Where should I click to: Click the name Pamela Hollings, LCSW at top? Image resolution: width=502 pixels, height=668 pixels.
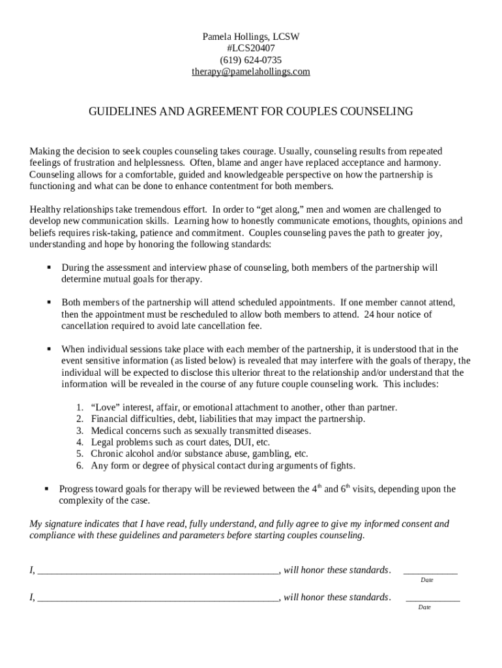[x=250, y=37]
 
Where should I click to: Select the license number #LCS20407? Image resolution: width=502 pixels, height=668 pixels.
[x=250, y=48]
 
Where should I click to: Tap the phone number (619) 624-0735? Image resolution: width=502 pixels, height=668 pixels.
[x=250, y=60]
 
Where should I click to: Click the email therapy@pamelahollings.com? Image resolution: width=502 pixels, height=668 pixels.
[x=250, y=72]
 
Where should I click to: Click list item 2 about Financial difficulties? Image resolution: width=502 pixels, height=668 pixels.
[x=228, y=419]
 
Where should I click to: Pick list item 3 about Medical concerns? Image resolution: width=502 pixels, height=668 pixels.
[x=201, y=431]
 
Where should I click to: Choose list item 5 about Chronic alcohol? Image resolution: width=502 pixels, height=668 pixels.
[x=199, y=453]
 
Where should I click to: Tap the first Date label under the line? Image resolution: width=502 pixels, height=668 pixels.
[x=427, y=580]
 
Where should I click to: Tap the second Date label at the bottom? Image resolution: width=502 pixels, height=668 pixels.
[x=424, y=607]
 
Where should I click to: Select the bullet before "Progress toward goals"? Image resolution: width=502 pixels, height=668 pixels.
[x=47, y=489]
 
